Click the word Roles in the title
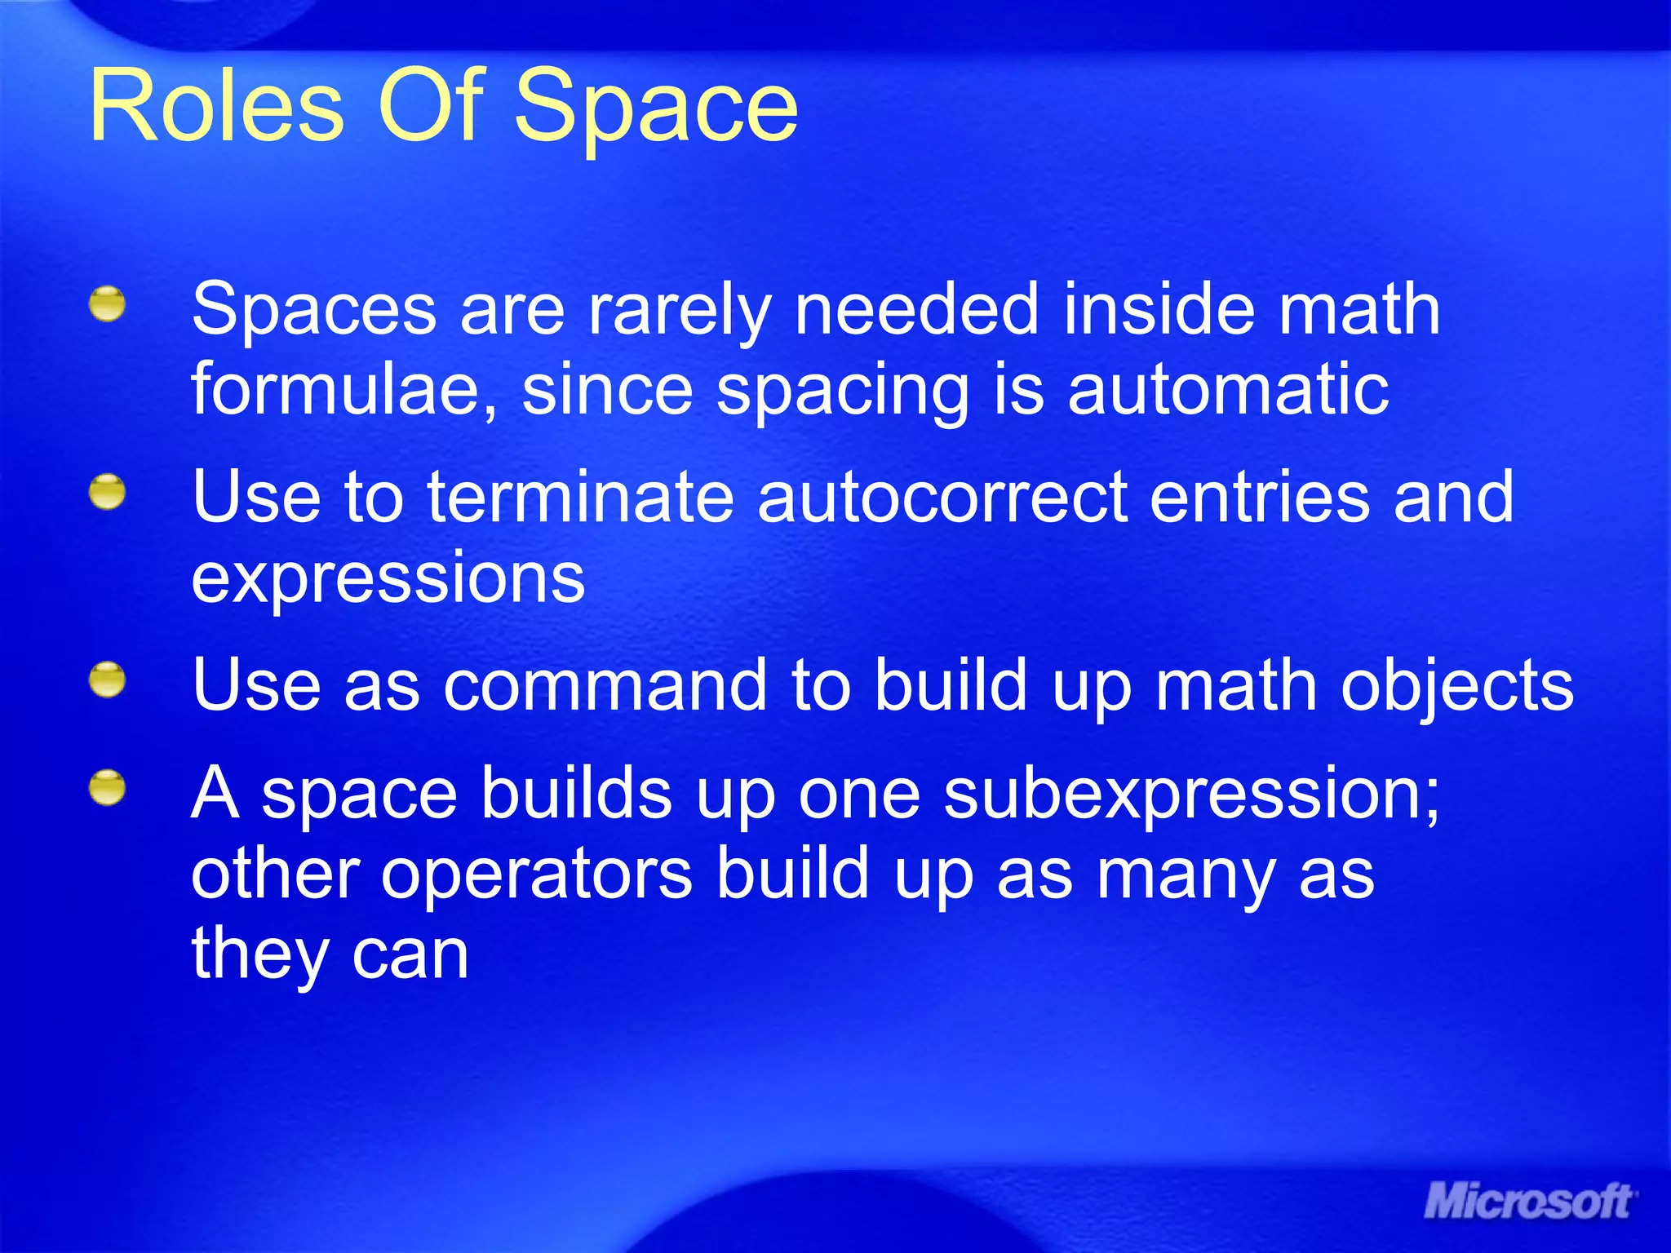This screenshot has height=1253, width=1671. tap(217, 106)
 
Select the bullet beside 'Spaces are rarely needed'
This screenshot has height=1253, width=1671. tap(108, 305)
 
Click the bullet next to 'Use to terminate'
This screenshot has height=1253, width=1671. tap(108, 493)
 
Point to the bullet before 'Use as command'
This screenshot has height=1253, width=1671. tap(108, 680)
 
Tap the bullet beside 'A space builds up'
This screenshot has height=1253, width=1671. tap(108, 789)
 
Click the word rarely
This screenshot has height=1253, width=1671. tap(679, 312)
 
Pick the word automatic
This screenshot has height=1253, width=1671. tap(1228, 389)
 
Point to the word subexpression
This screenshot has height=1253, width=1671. tap(1191, 795)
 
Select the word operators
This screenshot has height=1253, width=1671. tap(537, 875)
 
